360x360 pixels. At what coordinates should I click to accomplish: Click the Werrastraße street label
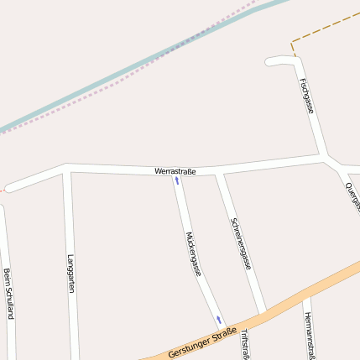[x=175, y=171]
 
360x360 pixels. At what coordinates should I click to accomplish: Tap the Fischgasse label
[x=306, y=96]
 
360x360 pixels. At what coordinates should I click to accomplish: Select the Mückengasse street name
[x=194, y=253]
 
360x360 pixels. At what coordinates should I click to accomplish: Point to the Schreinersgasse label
[x=240, y=243]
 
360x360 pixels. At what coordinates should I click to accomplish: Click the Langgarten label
[x=71, y=274]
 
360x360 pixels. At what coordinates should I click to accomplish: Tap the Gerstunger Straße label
[x=201, y=340]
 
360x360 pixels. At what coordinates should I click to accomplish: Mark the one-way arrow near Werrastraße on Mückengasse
[x=177, y=180]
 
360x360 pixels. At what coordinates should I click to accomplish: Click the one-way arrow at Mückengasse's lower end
[x=219, y=319]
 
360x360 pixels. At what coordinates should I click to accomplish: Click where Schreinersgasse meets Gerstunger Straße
[x=263, y=313]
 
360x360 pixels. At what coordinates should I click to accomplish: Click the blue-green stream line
[x=126, y=74]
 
